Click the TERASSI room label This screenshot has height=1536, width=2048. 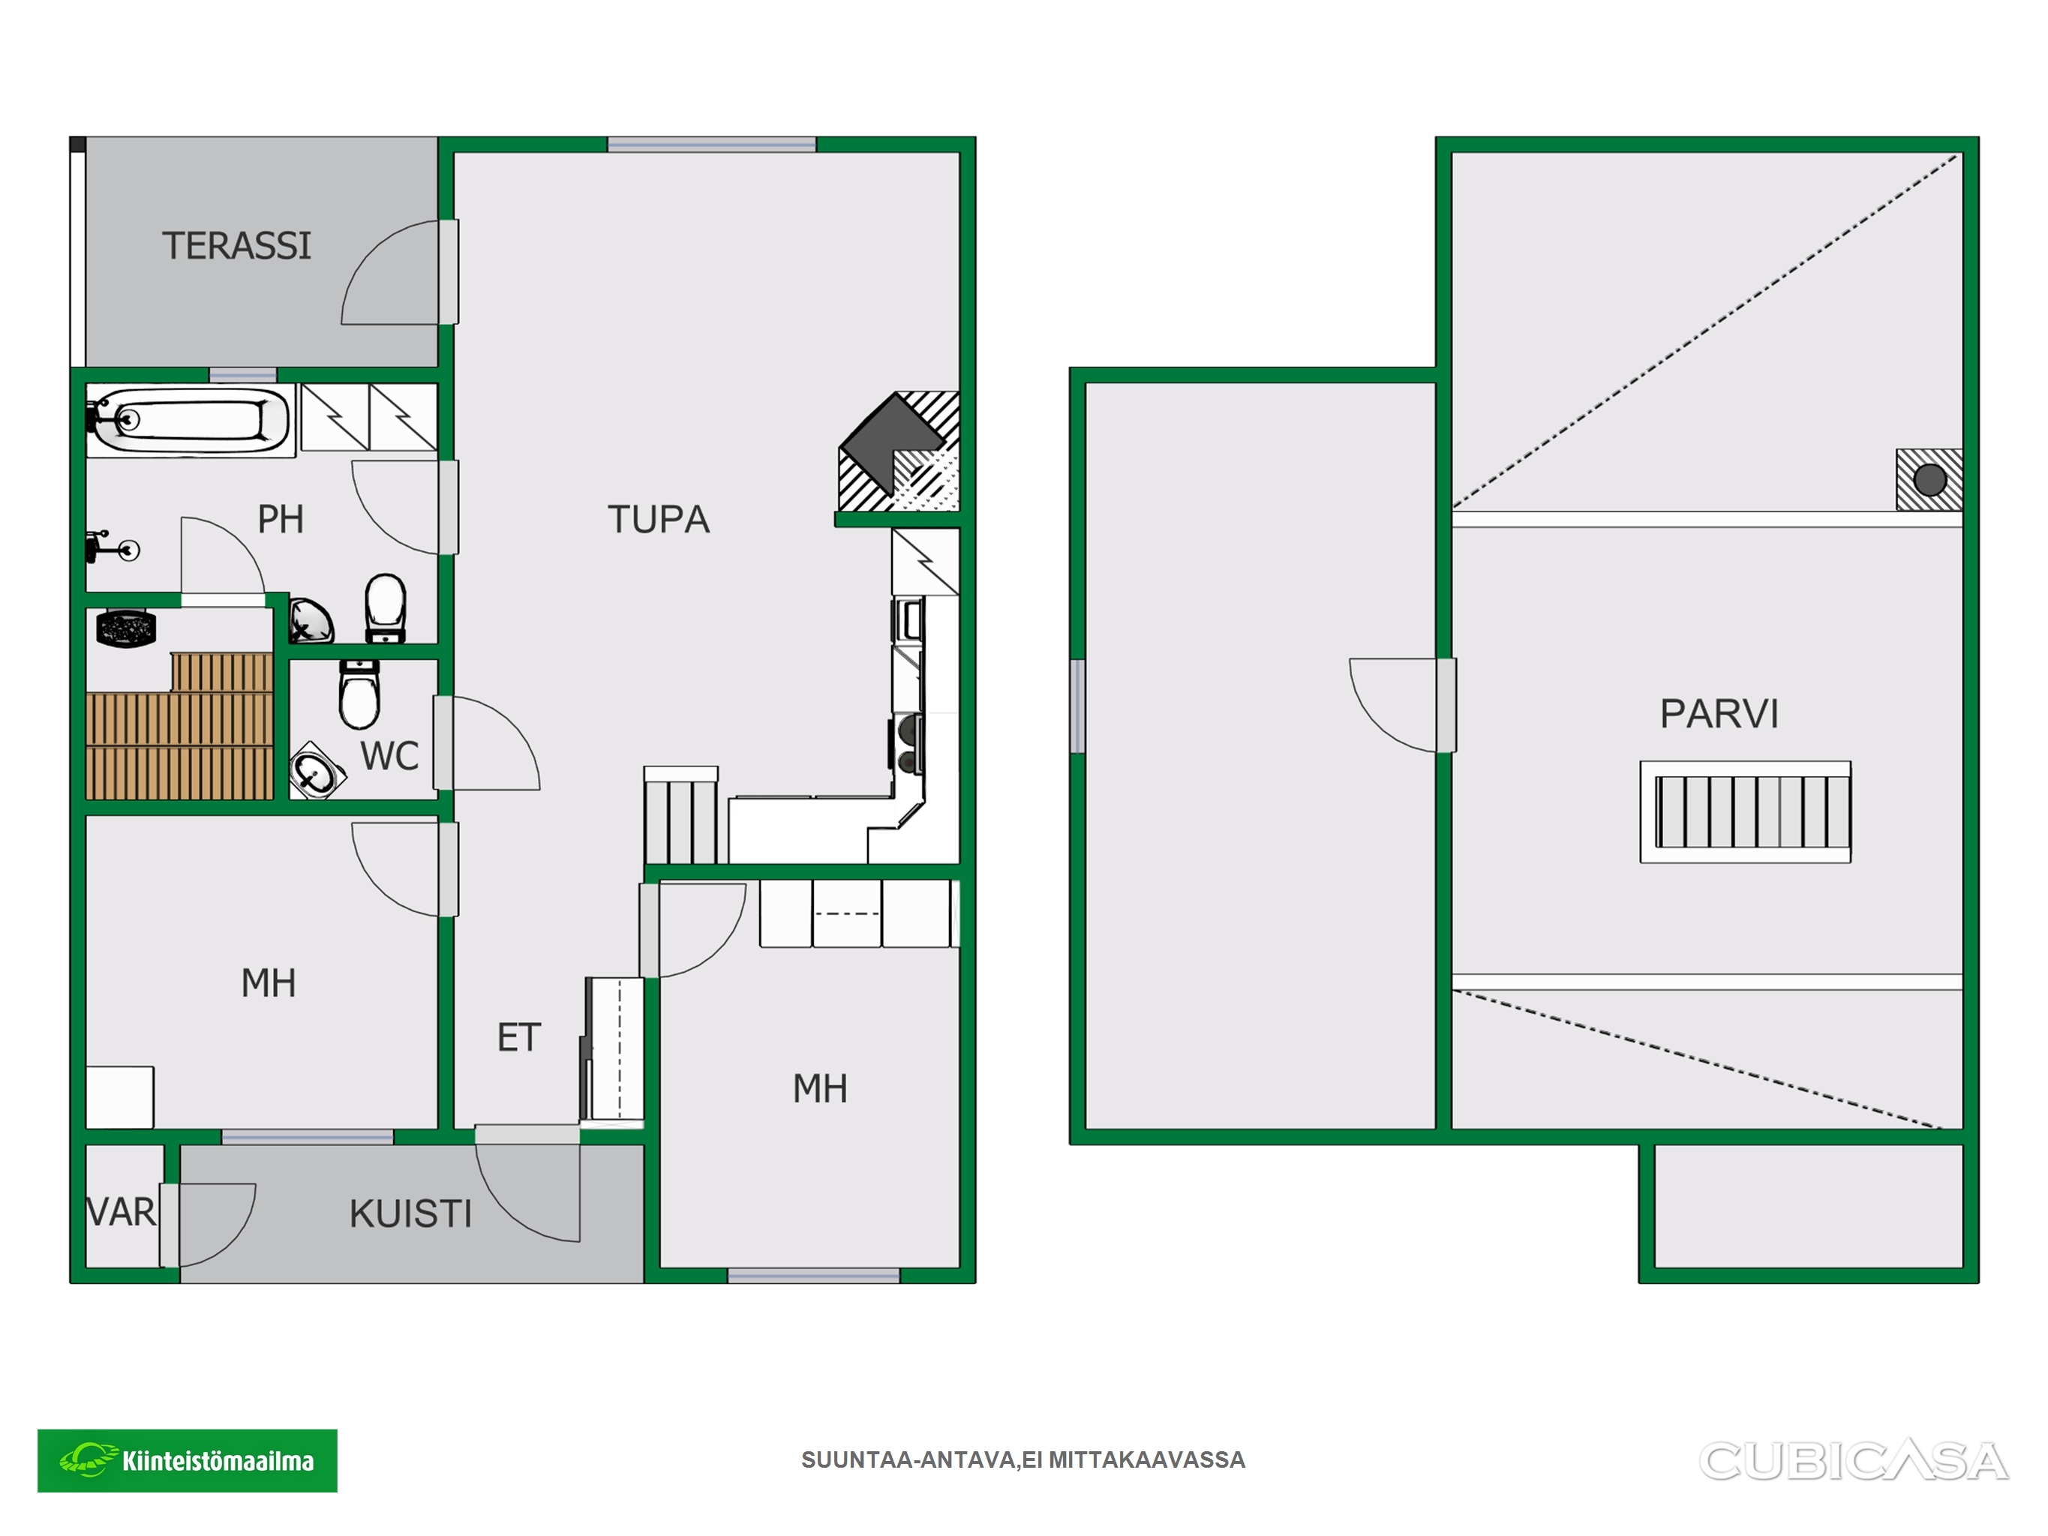237,245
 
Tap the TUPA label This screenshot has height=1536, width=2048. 659,520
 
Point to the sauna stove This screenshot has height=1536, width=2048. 126,628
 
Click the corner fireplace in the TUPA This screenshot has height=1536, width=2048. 899,451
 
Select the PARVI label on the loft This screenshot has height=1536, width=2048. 1719,714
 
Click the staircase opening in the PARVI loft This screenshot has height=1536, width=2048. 1745,812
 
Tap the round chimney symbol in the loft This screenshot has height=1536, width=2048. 1929,479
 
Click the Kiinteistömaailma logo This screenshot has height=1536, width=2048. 187,1461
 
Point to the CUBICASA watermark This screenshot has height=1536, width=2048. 1854,1461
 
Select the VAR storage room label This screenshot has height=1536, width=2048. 122,1212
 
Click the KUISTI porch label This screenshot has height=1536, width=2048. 410,1213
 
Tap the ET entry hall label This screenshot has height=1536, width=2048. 518,1038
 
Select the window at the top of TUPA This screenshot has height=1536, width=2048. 711,145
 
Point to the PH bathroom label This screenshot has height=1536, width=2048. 281,520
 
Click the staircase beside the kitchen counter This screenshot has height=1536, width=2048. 680,816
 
